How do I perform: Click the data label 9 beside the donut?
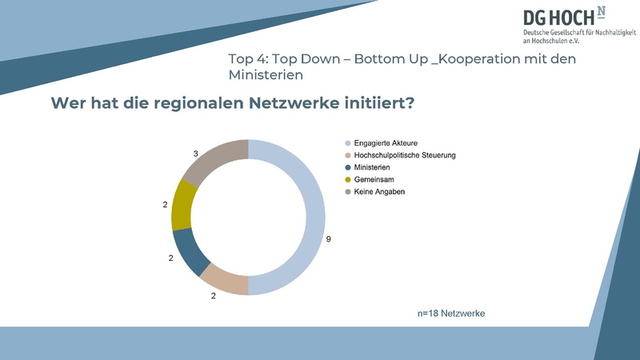(x=329, y=238)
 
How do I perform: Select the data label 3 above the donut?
(x=196, y=153)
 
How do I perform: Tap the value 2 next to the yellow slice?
(x=165, y=206)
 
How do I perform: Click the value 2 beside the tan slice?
(x=214, y=296)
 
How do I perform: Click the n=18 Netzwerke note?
(x=451, y=313)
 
